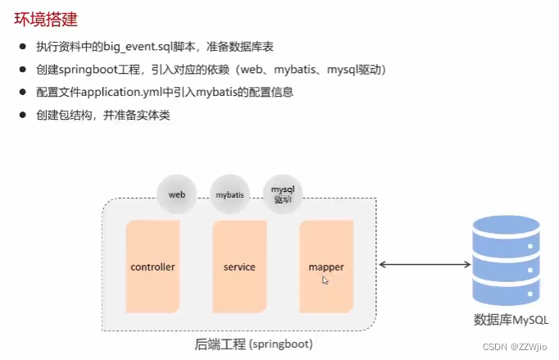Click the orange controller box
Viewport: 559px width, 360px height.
(152, 267)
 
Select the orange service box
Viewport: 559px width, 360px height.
(239, 267)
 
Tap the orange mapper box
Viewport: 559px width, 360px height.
(326, 267)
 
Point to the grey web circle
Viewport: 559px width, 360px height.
(177, 195)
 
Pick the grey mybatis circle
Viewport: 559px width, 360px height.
(229, 195)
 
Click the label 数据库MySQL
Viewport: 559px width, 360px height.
(506, 318)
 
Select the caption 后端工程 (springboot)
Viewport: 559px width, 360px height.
(253, 344)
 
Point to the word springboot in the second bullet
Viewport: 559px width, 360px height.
(88, 71)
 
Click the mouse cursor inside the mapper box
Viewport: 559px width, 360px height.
(325, 280)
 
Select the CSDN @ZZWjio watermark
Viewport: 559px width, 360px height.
(522, 349)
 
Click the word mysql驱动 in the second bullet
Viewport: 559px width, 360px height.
(353, 71)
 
